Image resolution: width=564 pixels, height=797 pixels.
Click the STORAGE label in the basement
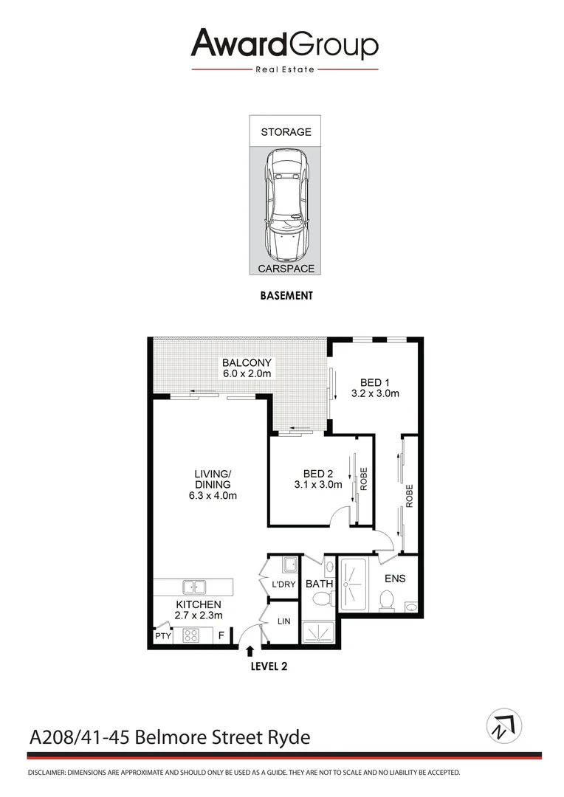(x=286, y=132)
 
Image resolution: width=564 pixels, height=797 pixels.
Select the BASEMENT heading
(x=286, y=295)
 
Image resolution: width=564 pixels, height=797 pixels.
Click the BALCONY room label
(x=247, y=363)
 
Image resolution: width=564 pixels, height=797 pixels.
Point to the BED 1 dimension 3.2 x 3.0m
(x=375, y=393)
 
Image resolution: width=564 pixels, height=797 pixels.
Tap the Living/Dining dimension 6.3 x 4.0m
(x=213, y=496)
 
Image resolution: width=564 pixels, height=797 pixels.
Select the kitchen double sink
(x=195, y=587)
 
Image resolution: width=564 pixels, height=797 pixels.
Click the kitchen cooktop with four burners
(x=191, y=635)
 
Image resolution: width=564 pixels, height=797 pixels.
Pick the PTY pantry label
(x=162, y=636)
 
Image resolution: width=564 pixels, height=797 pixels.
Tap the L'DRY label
(x=283, y=584)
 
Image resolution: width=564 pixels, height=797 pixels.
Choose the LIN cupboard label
(x=283, y=621)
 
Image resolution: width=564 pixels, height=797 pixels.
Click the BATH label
(x=320, y=584)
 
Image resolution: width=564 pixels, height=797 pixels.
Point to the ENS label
(x=394, y=579)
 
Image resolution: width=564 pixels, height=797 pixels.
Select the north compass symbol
(x=504, y=726)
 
